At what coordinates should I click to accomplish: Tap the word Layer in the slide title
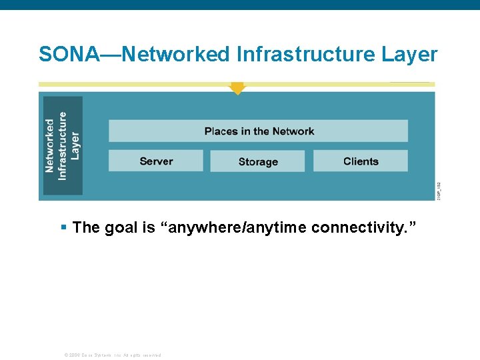(409, 55)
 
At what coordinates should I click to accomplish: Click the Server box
(156, 161)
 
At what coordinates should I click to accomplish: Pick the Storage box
(257, 161)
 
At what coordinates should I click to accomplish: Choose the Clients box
(361, 161)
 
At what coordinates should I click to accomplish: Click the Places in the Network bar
(258, 131)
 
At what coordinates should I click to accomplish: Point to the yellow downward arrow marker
(237, 88)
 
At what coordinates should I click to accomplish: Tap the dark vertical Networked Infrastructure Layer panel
(63, 145)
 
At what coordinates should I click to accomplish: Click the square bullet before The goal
(63, 227)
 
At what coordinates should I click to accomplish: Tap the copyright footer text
(112, 355)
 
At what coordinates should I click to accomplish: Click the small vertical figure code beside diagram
(439, 190)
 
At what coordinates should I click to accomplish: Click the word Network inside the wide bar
(293, 131)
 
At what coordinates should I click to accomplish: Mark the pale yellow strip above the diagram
(133, 85)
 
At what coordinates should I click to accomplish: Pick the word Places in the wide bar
(221, 131)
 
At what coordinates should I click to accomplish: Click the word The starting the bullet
(86, 228)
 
